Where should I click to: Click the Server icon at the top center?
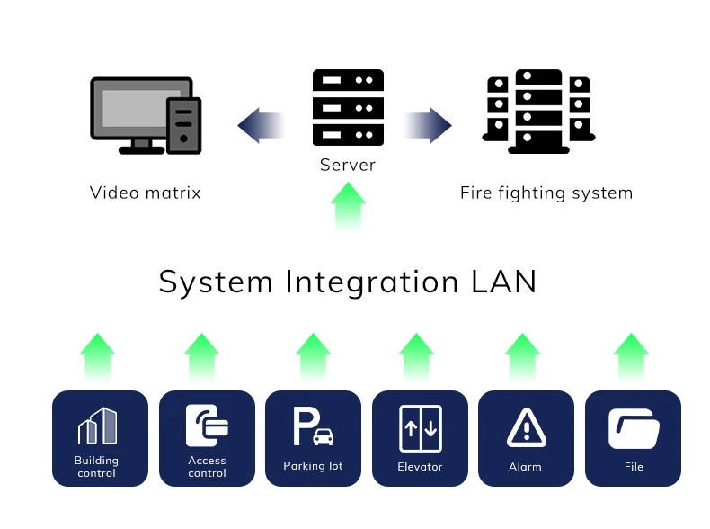348,107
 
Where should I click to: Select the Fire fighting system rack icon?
538,112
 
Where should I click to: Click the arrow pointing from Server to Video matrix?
261,125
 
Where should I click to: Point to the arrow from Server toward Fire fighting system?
428,125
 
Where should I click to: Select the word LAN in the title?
503,282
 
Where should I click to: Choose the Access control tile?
207,438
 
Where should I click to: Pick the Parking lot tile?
313,438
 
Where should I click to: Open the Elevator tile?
420,438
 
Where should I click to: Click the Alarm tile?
526,438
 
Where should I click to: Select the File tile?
633,438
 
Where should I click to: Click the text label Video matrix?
146,193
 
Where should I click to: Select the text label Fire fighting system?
546,193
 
